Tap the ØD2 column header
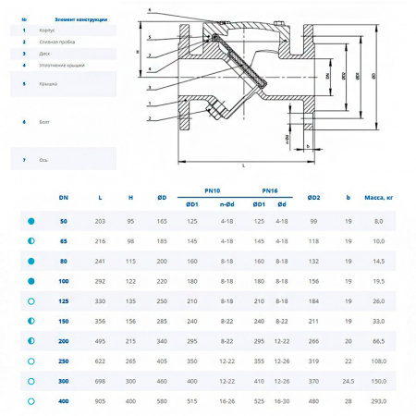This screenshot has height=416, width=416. (x=313, y=198)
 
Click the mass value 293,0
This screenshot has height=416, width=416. (x=378, y=401)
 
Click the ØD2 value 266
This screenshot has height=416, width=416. (x=313, y=341)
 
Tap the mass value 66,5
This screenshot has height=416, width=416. (x=378, y=341)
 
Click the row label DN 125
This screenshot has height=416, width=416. (x=63, y=300)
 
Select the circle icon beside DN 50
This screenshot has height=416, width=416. (x=31, y=221)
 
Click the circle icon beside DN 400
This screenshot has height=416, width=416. (x=31, y=401)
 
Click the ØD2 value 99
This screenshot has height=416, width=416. (x=313, y=221)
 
